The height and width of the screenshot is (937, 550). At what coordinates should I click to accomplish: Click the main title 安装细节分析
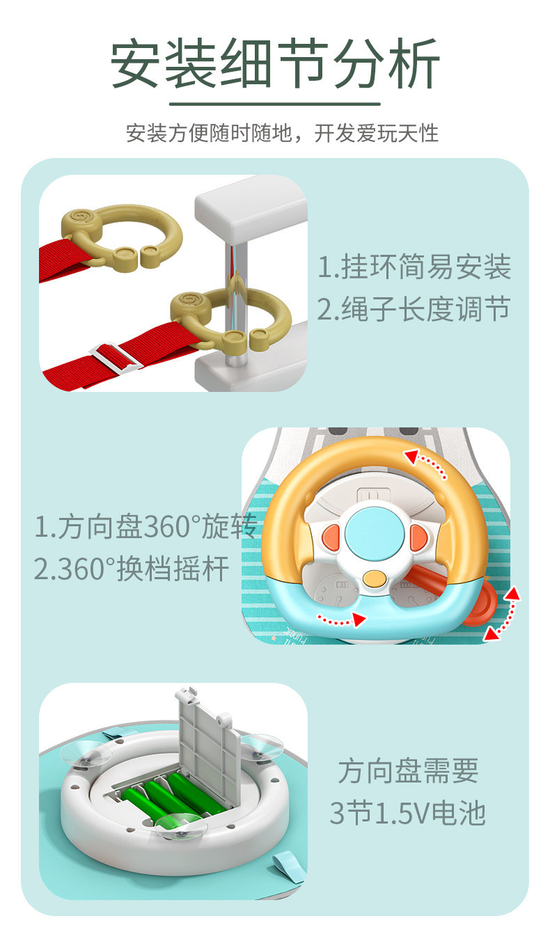[275, 63]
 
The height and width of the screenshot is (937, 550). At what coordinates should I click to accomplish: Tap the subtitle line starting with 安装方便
[283, 134]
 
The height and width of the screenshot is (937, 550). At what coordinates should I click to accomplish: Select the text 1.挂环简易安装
[414, 267]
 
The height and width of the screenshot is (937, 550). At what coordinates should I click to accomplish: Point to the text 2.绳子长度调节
[414, 309]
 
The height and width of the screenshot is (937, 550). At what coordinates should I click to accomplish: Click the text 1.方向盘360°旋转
[145, 526]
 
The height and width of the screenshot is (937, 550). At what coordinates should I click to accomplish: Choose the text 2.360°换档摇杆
[132, 569]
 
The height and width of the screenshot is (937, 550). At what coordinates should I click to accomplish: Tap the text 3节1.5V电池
[407, 814]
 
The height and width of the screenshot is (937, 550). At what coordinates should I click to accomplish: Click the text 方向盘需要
[408, 771]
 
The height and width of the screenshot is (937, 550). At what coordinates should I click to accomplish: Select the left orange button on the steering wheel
[331, 538]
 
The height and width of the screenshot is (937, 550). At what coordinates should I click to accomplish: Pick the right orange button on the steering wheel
[419, 537]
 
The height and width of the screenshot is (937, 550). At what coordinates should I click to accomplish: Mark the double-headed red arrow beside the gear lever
[503, 613]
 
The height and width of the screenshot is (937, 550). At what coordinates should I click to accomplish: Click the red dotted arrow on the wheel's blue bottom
[342, 620]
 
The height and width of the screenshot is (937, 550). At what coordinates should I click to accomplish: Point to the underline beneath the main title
[275, 103]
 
